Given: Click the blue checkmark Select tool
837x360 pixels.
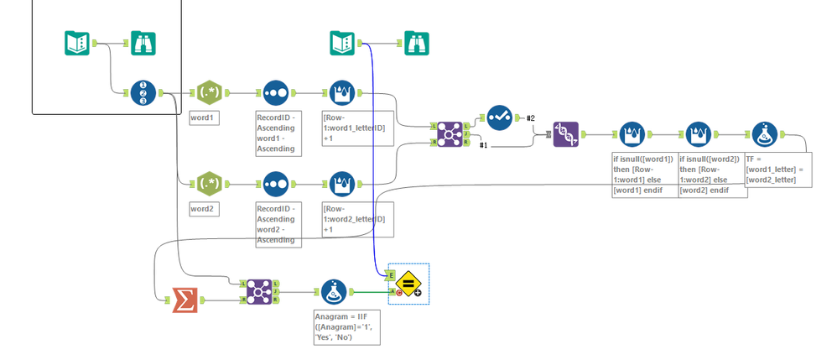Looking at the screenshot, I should coord(501,118).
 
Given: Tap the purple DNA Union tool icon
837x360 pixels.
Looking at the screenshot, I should coord(566,134).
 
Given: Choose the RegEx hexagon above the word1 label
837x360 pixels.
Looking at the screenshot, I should coord(207,93).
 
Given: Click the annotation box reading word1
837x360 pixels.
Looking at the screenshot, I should coord(205,117).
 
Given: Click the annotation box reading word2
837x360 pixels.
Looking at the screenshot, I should coord(205,207).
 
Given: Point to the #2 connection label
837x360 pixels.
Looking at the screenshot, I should coord(530,117).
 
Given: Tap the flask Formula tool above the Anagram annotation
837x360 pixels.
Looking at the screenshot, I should coord(334,292).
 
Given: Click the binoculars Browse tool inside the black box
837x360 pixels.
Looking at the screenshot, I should coord(143,42).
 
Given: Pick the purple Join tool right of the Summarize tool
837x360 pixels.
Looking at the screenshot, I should coord(259,291).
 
